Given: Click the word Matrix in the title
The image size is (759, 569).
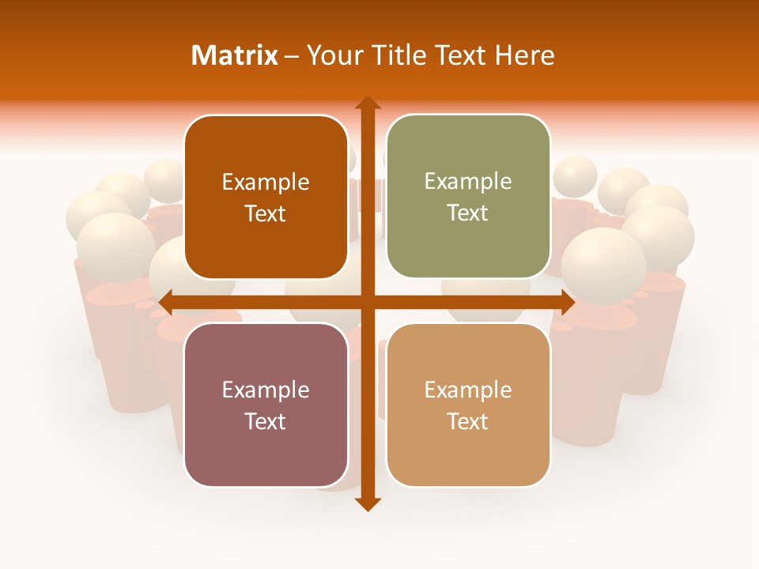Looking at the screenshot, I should pos(235,55).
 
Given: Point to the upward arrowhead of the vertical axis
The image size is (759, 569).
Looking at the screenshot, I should pos(368,103).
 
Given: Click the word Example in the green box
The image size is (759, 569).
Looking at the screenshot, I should pos(468,182).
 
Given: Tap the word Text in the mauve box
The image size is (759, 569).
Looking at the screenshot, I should pos(266,421).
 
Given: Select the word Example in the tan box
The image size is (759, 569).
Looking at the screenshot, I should pos(468,390).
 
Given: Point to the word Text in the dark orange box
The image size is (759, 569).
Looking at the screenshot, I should pos(266,213).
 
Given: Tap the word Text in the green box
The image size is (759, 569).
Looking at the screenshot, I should pos(468,213).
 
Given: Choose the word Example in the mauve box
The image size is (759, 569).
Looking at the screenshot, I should pos(266,390).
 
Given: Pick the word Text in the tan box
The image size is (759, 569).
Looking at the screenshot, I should pos(468,421).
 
